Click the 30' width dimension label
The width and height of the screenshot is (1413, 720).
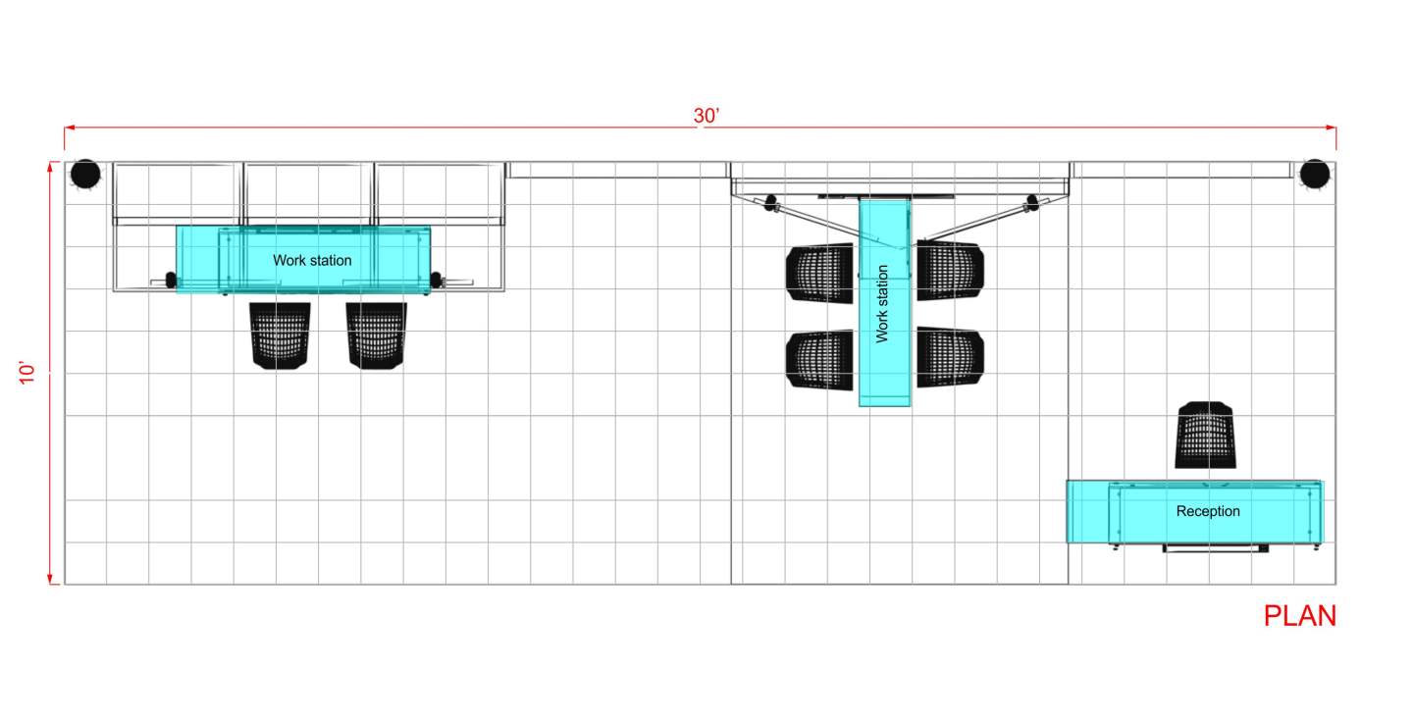pos(706,116)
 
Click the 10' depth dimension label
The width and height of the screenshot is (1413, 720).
pos(26,373)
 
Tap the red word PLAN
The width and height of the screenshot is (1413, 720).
pos(1299,616)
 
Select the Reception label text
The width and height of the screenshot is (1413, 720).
pos(1207,511)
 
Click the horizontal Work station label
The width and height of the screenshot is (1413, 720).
pos(312,260)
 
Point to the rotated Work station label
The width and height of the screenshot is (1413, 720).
pos(882,304)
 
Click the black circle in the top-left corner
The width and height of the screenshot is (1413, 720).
pos(85,174)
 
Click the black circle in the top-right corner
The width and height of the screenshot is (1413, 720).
pos(1315,174)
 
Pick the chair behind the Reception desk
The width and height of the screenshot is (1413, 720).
pos(1205,435)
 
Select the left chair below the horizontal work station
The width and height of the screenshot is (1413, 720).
pos(280,335)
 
